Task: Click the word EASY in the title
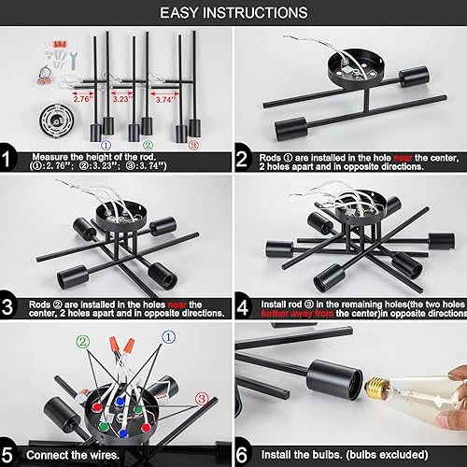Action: (182, 12)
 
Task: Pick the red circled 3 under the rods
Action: (193, 145)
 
